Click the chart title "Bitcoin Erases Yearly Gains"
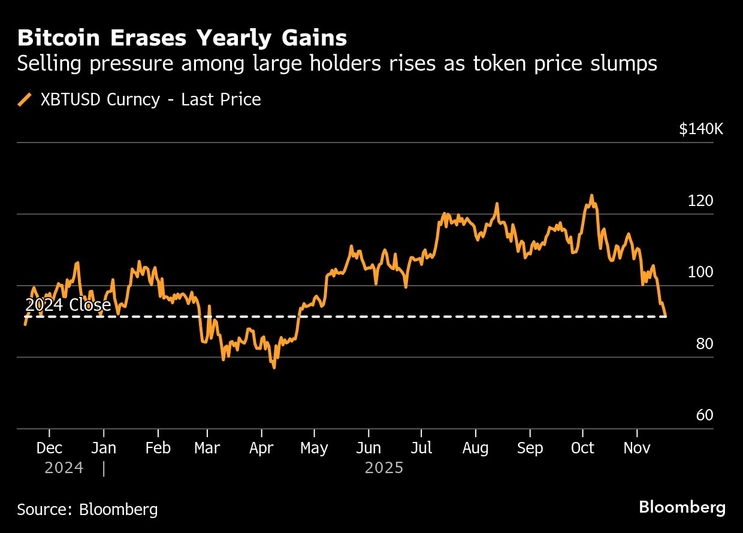coord(182,38)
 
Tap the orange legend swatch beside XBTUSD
coord(25,99)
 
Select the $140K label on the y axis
coord(700,129)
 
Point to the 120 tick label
coord(700,201)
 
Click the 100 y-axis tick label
coord(700,272)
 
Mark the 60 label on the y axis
coord(705,416)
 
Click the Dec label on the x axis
coord(49,448)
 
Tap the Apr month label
coord(262,448)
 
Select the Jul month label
coord(421,448)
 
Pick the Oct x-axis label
coord(582,448)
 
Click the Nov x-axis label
coord(636,448)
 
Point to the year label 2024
coord(64,468)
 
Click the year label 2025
coord(384,468)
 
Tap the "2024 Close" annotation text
coord(68,305)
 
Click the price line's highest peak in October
coord(591,195)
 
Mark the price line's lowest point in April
coord(274,367)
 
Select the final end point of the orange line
coord(666,316)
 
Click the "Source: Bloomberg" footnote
coord(87,510)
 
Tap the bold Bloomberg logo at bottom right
coord(682,508)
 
